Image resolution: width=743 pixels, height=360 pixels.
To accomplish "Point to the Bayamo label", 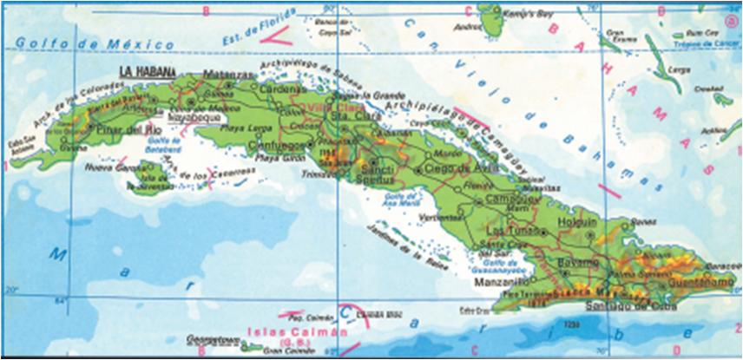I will pos(577,261).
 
